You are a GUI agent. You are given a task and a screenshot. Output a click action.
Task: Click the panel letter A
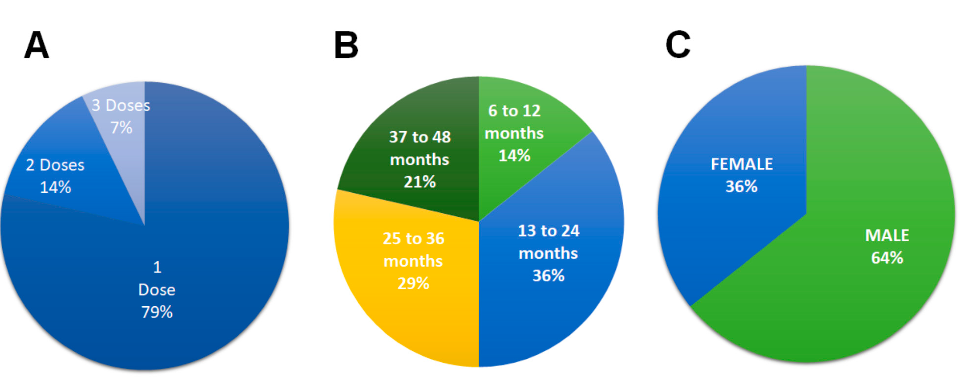coord(37,45)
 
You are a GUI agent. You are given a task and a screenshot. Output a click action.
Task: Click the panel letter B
coord(346,45)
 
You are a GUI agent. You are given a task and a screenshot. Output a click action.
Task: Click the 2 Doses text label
coord(55,165)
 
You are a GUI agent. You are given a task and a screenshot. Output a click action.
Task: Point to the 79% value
coord(157,312)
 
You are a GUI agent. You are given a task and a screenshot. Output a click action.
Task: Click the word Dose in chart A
coord(157,290)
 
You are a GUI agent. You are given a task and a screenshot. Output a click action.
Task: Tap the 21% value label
coord(420,182)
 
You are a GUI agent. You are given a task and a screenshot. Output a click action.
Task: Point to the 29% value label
coord(413,283)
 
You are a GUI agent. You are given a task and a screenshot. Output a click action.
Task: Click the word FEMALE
coord(741,164)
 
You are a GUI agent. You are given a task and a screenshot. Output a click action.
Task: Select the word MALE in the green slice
coord(887,235)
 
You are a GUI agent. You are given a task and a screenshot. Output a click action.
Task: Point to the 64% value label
coord(887,258)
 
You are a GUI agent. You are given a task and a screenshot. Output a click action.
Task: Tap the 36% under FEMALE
coord(741,186)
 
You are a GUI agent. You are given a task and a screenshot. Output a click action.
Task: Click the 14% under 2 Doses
coord(55,187)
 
